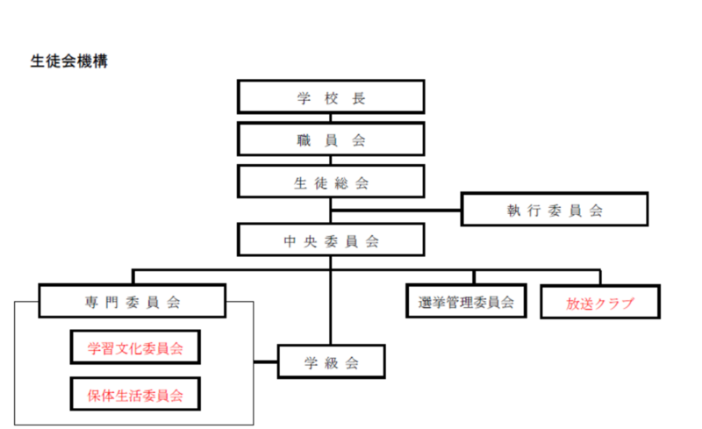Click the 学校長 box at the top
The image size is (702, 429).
click(x=331, y=97)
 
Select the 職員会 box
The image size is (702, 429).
click(x=331, y=139)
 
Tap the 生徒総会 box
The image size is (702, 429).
click(x=331, y=182)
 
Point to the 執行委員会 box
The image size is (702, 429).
click(x=554, y=210)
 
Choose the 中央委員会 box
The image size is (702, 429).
click(x=331, y=240)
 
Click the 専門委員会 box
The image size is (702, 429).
click(x=133, y=302)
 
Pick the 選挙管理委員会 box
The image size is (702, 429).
click(x=466, y=302)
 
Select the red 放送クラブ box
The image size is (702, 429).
click(x=600, y=303)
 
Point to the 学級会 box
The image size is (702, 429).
click(x=332, y=361)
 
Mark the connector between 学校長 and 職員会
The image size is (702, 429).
click(x=331, y=117)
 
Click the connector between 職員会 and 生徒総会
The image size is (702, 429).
click(x=331, y=160)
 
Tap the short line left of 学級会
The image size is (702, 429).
click(x=265, y=361)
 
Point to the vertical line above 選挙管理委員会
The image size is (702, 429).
click(x=474, y=276)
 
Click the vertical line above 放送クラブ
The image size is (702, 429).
click(x=602, y=276)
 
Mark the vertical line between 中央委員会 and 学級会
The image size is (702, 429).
click(x=331, y=303)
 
